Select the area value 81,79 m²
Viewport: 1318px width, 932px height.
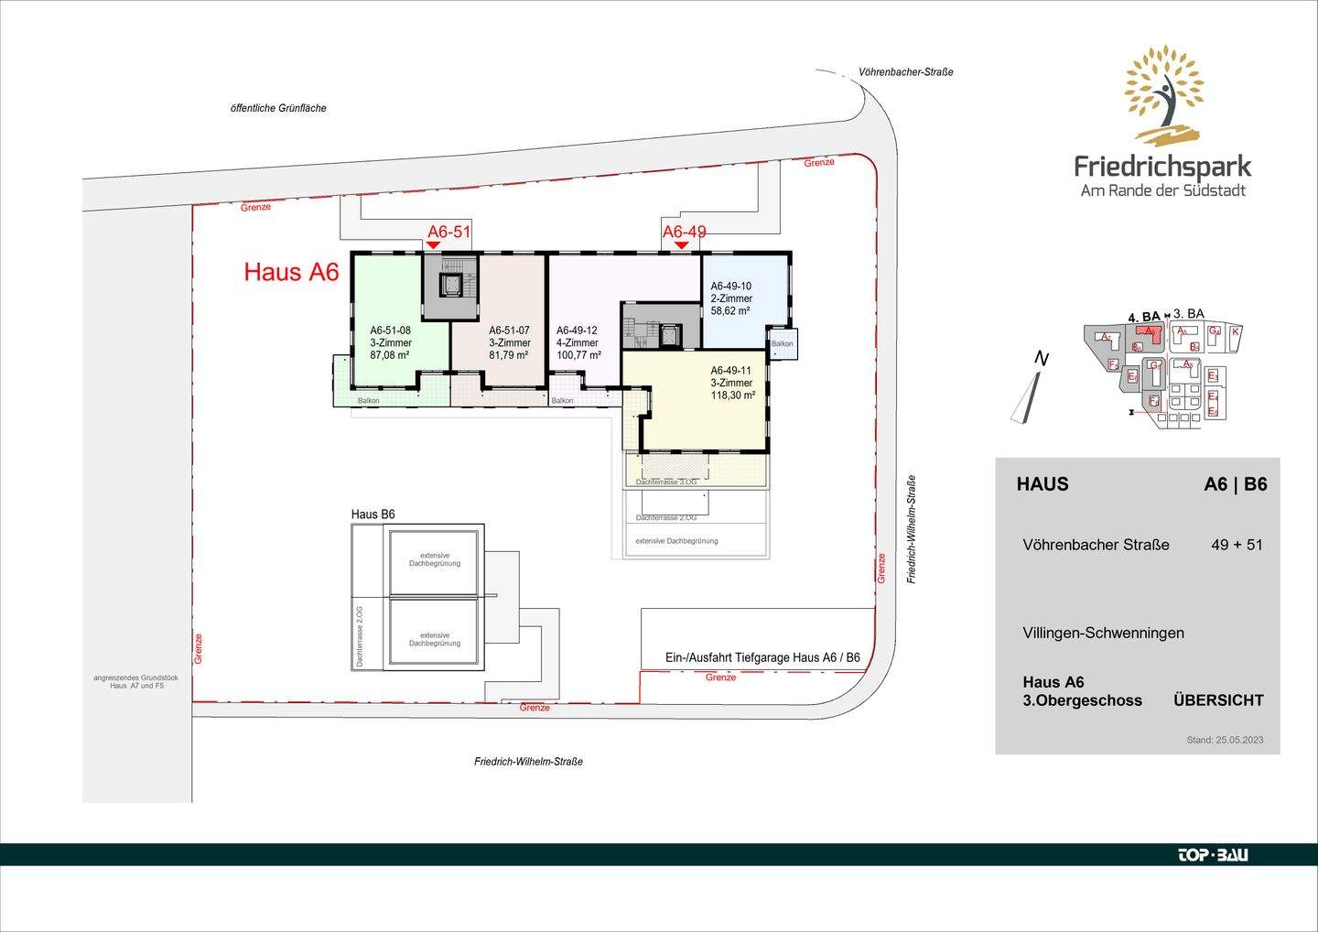[509, 355]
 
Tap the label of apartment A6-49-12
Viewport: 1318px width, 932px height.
[577, 331]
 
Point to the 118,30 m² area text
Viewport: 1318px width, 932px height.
[732, 396]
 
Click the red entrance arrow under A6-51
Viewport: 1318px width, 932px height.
[433, 245]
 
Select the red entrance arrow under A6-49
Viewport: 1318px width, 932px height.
[681, 245]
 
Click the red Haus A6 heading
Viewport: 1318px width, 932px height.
[291, 272]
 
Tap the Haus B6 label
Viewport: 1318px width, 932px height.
[373, 515]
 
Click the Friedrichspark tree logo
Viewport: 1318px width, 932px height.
[1163, 96]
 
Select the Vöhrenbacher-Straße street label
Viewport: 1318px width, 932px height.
[905, 72]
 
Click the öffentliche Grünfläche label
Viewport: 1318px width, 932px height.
[278, 108]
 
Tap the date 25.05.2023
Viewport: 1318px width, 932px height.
[1239, 740]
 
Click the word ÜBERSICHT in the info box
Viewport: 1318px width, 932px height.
[1218, 700]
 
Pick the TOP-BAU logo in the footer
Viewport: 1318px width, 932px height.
[1212, 855]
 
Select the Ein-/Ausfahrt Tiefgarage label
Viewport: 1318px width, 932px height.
[762, 657]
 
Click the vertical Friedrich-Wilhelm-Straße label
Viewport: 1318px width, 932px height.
[912, 529]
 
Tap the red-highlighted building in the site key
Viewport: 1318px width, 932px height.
[1151, 332]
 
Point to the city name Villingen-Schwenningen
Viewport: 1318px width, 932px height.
[1103, 633]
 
